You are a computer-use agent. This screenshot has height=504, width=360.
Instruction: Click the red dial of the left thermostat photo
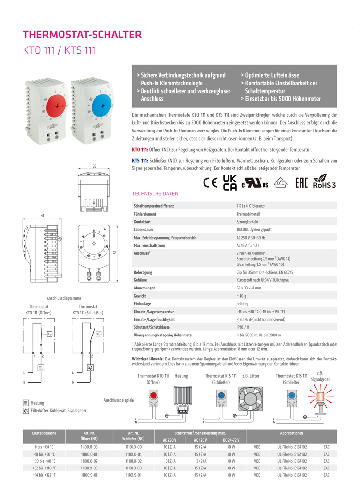tap(57, 107)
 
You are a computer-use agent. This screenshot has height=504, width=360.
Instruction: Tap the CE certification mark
tap(210, 183)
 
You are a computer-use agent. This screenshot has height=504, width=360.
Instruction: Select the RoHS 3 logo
tap(324, 182)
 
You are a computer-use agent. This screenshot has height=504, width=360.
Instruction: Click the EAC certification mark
tap(301, 183)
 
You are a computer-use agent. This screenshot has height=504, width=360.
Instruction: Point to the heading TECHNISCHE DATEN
tap(155, 194)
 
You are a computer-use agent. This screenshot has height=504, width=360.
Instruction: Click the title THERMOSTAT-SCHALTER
tap(83, 35)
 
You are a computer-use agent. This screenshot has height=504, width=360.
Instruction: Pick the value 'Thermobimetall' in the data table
tap(249, 214)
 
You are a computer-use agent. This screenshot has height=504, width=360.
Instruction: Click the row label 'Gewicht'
tap(140, 296)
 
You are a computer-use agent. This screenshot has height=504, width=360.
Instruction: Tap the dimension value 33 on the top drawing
tap(94, 166)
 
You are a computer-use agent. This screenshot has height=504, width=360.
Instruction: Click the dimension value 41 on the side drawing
tap(42, 216)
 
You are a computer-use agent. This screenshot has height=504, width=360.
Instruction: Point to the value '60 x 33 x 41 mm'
tap(249, 288)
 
